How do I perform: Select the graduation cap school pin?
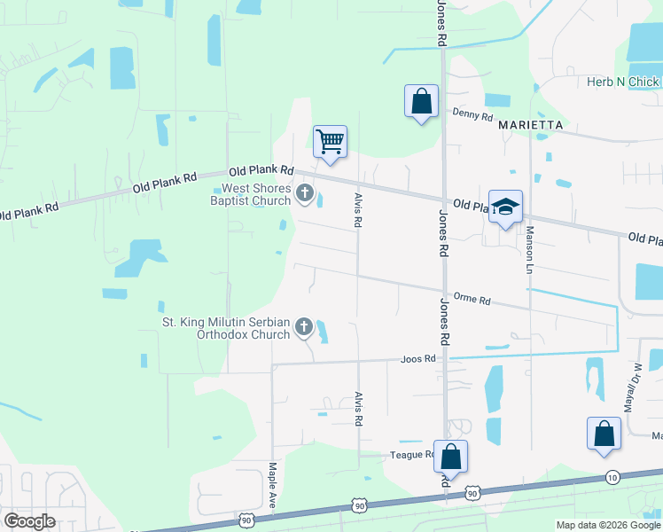pyautogui.click(x=505, y=207)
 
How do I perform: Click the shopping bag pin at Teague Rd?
pyautogui.click(x=450, y=457)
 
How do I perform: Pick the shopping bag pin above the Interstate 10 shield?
pyautogui.click(x=604, y=434)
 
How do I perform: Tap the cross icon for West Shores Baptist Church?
pyautogui.click(x=304, y=193)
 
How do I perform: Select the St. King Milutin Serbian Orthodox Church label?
pyautogui.click(x=226, y=329)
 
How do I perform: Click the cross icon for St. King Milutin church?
pyautogui.click(x=304, y=328)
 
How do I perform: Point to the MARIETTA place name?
pyautogui.click(x=531, y=126)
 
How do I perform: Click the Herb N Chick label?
pyautogui.click(x=623, y=82)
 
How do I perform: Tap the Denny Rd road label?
pyautogui.click(x=472, y=115)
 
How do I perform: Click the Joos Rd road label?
pyautogui.click(x=418, y=359)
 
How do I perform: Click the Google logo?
pyautogui.click(x=29, y=521)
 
